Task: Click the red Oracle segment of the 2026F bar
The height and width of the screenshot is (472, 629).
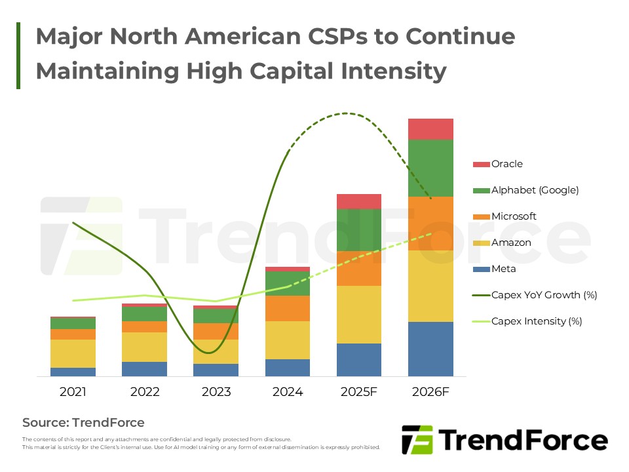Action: (x=430, y=129)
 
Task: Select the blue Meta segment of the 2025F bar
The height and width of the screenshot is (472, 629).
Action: (x=359, y=359)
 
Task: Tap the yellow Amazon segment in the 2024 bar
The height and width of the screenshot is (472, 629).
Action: (x=288, y=340)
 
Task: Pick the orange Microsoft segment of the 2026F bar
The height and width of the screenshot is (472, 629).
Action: (x=430, y=223)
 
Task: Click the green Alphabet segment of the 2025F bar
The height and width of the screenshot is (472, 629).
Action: (x=359, y=229)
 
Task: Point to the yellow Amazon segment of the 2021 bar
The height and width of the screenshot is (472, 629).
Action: (x=73, y=353)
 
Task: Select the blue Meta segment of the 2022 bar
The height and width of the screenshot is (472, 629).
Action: (x=144, y=368)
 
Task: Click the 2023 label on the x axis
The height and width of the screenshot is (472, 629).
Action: (x=216, y=392)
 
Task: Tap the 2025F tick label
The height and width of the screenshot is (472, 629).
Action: (x=359, y=392)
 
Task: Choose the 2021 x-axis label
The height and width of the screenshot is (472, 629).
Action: (x=73, y=392)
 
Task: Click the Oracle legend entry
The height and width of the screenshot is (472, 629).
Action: (x=506, y=164)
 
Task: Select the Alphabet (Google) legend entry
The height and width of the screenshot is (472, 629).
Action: (x=535, y=190)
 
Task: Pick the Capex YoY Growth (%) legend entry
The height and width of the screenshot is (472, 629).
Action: (x=544, y=295)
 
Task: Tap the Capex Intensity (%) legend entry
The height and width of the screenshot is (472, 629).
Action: (x=536, y=321)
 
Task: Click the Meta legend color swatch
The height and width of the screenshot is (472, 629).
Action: (x=481, y=269)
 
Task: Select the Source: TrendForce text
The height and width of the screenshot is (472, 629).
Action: (x=83, y=422)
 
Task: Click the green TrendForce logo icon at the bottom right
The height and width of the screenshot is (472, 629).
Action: (x=417, y=440)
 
